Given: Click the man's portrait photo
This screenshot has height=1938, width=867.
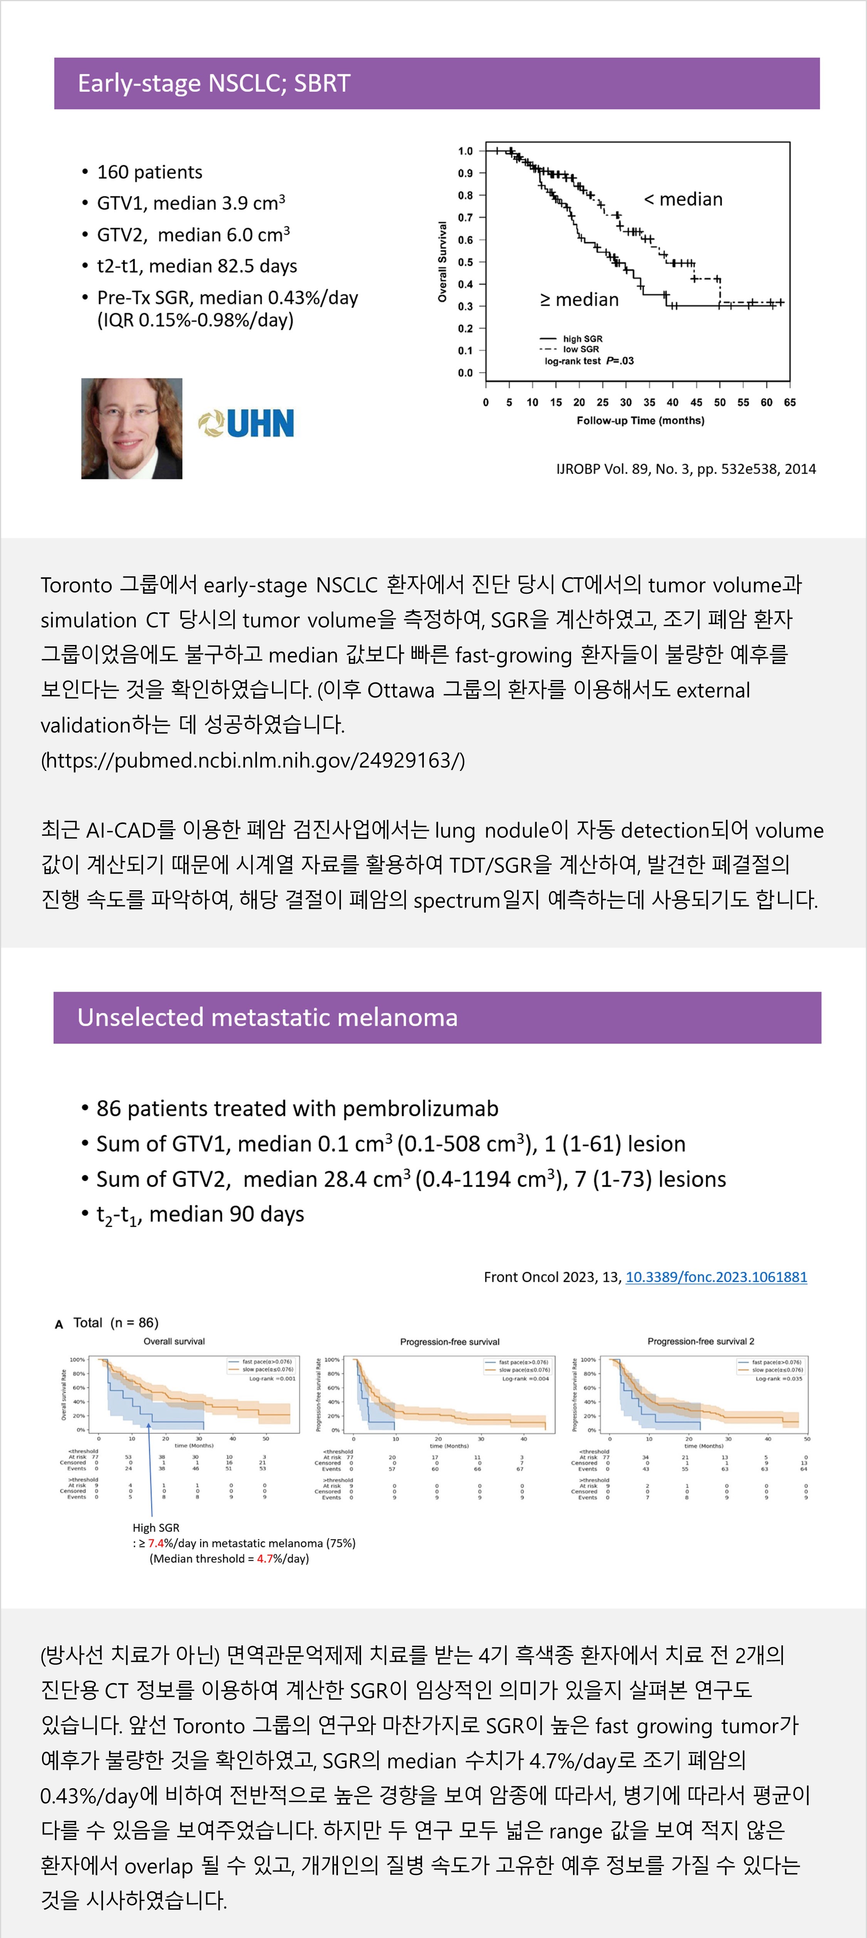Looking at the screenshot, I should tap(132, 428).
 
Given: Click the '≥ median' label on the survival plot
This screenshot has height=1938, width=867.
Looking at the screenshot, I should tap(579, 300).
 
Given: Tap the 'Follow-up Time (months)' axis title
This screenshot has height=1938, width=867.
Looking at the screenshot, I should tap(640, 420).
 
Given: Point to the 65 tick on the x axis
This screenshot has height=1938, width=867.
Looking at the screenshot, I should tap(790, 402).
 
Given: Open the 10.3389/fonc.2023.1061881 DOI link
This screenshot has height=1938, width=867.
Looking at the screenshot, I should tap(716, 1277).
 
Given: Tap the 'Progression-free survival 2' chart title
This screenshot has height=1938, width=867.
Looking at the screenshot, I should tap(701, 1342).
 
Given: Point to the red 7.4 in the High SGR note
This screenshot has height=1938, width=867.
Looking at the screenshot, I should tap(156, 1543).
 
